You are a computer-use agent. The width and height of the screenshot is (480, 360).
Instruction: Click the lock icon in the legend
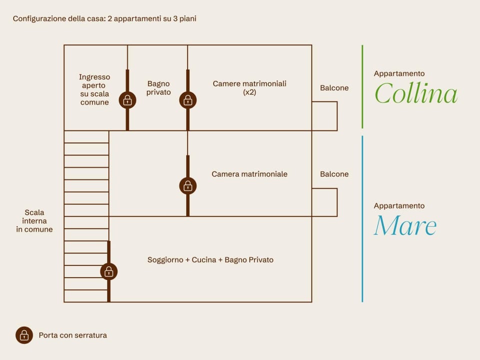[x=24, y=335]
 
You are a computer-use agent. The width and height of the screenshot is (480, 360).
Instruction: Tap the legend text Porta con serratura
[x=73, y=335]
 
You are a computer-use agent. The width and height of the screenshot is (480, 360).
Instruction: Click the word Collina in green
[x=416, y=93]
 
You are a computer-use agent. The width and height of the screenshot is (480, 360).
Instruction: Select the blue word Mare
[x=405, y=225]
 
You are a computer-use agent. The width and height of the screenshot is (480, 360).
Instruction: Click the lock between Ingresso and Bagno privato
[x=127, y=100]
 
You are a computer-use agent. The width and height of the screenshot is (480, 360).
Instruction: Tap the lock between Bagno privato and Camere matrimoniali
[x=187, y=100]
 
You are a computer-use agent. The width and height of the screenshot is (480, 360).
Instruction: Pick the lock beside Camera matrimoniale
[x=187, y=186]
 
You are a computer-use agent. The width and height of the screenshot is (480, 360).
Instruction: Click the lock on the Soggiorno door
[x=108, y=271]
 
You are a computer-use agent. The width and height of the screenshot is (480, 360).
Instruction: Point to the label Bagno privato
[x=158, y=88]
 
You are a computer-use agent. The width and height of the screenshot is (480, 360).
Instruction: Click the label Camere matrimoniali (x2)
[x=249, y=88]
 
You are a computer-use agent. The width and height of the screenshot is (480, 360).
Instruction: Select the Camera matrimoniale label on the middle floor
[x=249, y=174]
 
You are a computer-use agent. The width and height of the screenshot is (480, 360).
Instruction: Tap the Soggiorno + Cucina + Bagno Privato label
[x=210, y=260]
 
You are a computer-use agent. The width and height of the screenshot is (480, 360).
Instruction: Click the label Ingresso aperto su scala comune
[x=94, y=89]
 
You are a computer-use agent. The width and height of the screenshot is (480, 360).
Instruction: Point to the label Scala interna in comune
[x=34, y=221]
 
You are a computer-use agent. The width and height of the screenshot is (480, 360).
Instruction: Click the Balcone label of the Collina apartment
[x=334, y=88]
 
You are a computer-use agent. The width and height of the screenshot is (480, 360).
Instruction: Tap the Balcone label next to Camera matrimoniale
[x=334, y=174]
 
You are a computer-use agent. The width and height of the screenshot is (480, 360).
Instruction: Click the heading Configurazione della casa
[x=59, y=18]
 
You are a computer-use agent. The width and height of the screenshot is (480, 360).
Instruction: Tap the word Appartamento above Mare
[x=399, y=206]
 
